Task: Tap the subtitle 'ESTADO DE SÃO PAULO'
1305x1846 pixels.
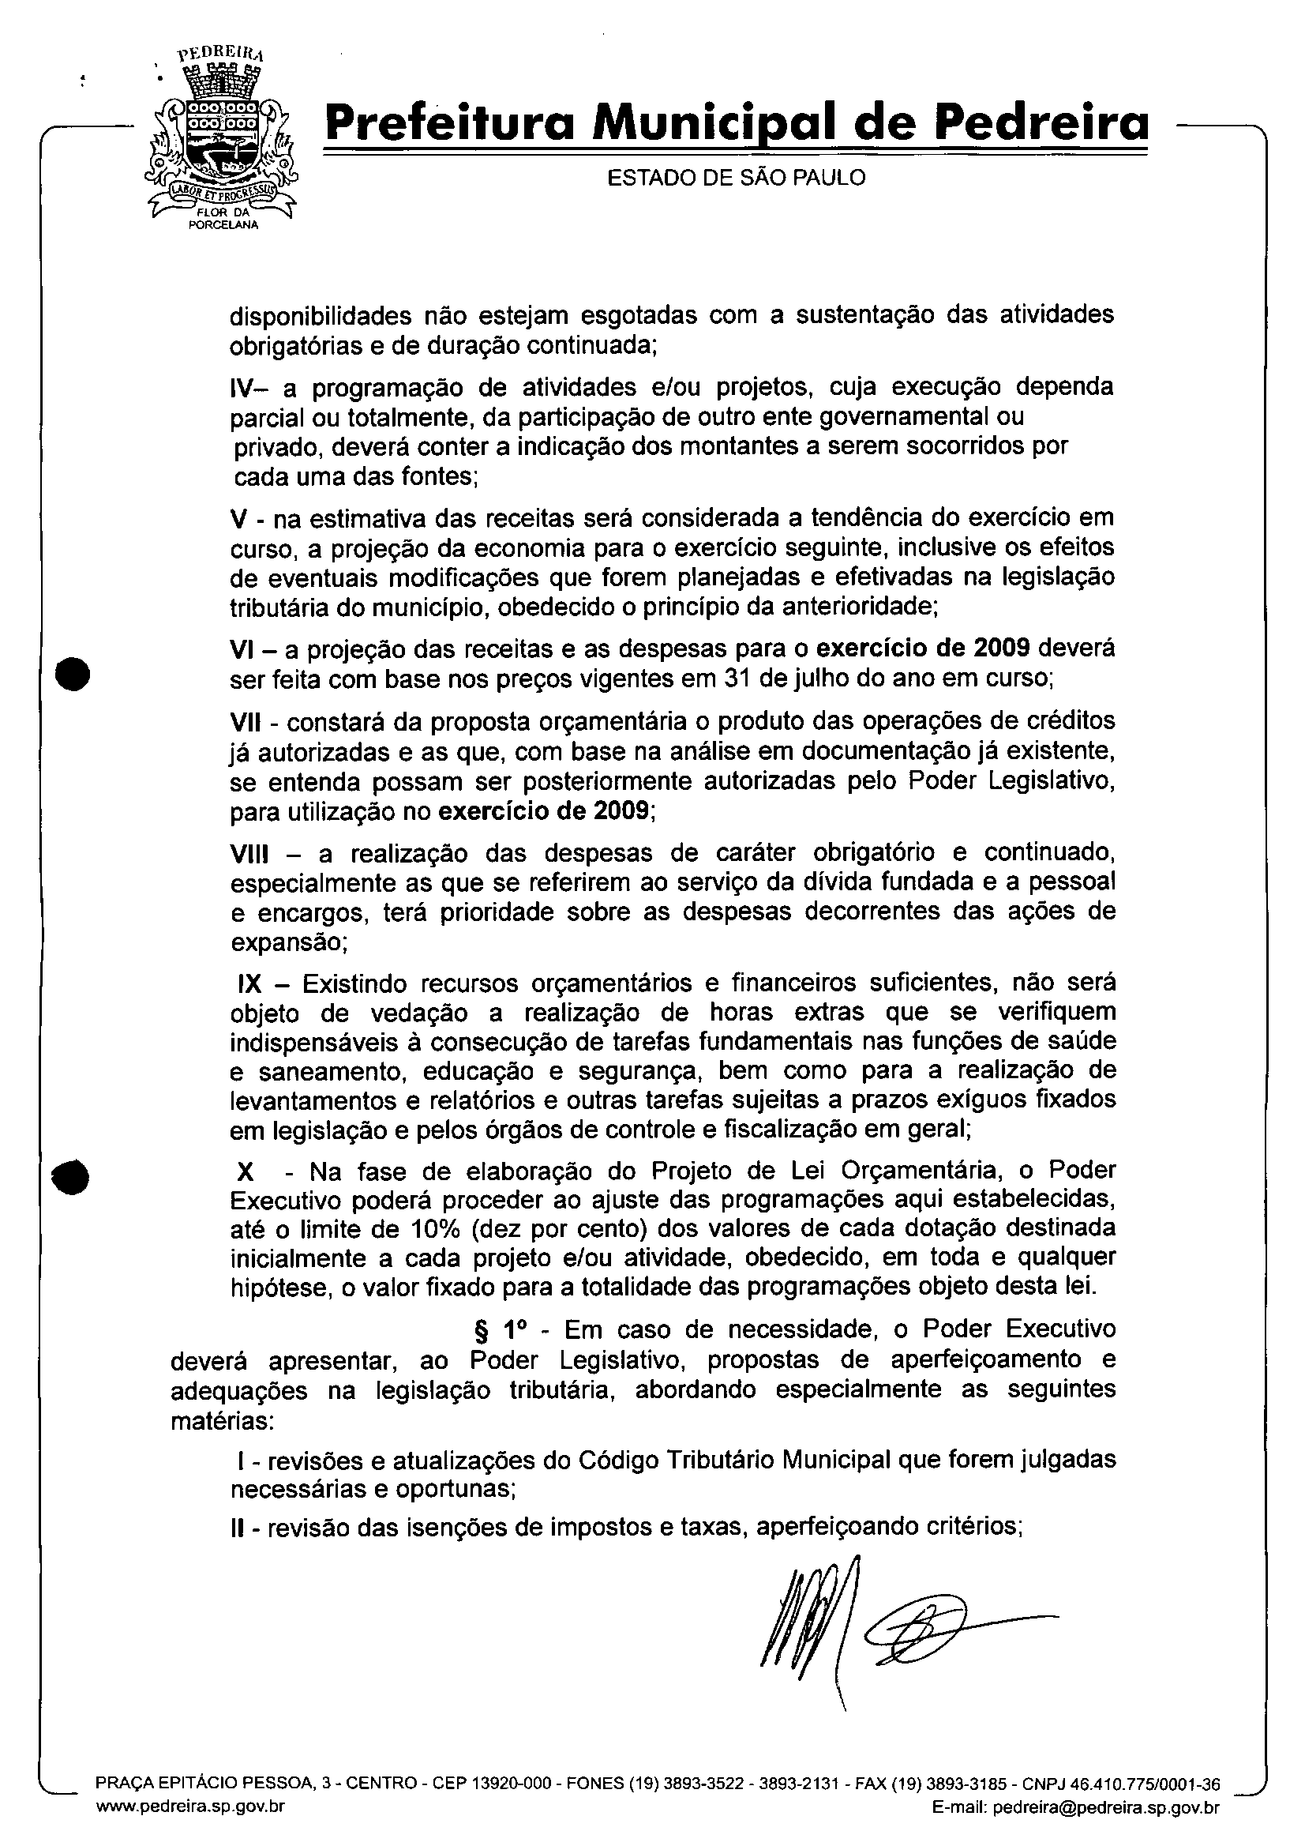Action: click(x=736, y=178)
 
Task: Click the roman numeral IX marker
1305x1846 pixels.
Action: click(x=251, y=983)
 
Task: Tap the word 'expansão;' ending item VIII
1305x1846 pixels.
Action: click(x=288, y=942)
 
